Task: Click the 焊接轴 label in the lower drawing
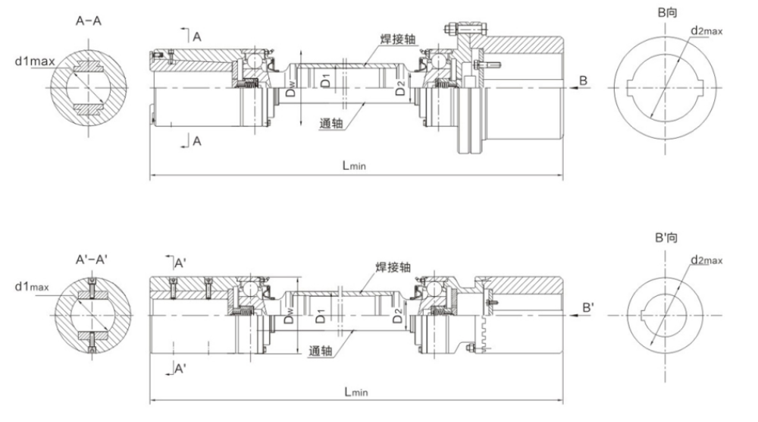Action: pos(393,267)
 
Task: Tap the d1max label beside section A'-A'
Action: pos(31,287)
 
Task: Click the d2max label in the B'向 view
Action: pos(706,260)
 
